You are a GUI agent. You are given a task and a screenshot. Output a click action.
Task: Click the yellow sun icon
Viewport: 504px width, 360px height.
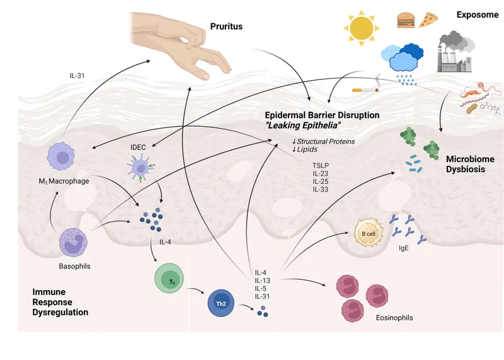pyautogui.click(x=362, y=28)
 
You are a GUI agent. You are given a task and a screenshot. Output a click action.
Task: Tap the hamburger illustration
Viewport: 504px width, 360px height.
pyautogui.click(x=405, y=20)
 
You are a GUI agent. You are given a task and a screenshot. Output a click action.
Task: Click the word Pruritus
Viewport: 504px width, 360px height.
pyautogui.click(x=226, y=27)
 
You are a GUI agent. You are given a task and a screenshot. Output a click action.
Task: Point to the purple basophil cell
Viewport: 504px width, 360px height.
pyautogui.click(x=76, y=243)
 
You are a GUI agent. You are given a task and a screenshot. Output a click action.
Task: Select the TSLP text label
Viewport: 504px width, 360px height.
pyautogui.click(x=321, y=165)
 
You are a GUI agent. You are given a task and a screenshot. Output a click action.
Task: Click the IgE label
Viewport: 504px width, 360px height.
pyautogui.click(x=404, y=249)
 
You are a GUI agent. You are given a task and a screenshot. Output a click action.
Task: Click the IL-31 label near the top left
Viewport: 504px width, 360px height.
pyautogui.click(x=79, y=77)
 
